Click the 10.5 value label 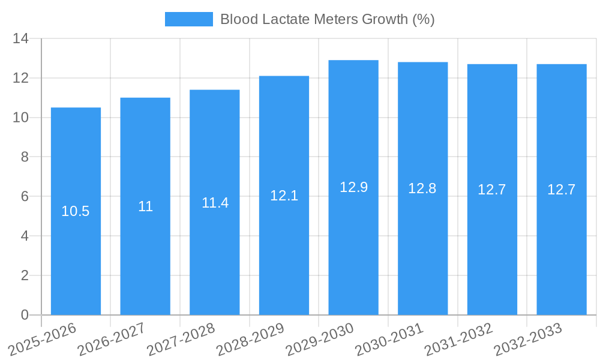pyautogui.click(x=76, y=211)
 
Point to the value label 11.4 pyautogui.click(x=215, y=203)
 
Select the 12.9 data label pyautogui.click(x=353, y=187)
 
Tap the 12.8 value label pyautogui.click(x=422, y=188)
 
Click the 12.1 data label pyautogui.click(x=284, y=196)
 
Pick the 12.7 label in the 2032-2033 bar pyautogui.click(x=561, y=190)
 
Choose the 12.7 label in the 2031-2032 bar pyautogui.click(x=492, y=190)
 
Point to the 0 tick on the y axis pyautogui.click(x=25, y=315)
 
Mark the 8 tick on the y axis pyautogui.click(x=25, y=157)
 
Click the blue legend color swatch pyautogui.click(x=188, y=19)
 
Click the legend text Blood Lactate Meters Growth pyautogui.click(x=327, y=19)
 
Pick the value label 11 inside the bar pyautogui.click(x=145, y=207)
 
